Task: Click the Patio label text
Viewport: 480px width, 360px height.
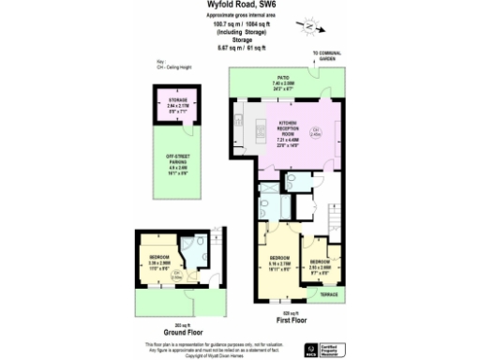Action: [x=281, y=79]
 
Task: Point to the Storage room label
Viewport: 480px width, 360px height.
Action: [x=178, y=100]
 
